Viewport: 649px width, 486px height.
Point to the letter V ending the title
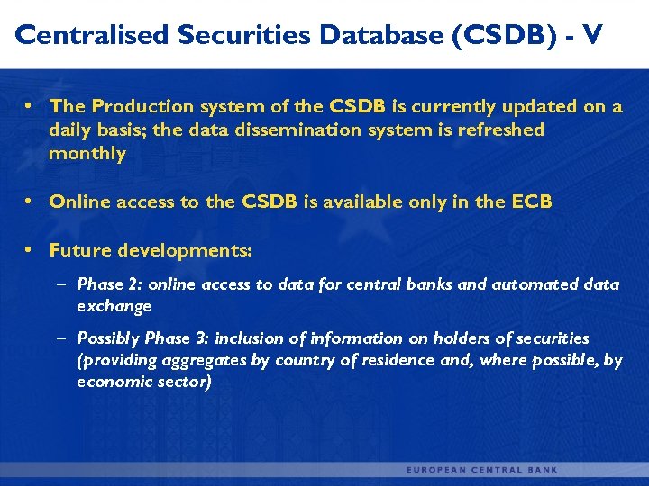pyautogui.click(x=592, y=35)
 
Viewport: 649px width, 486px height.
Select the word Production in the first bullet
pyautogui.click(x=134, y=106)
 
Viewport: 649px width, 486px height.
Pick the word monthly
pyautogui.click(x=87, y=153)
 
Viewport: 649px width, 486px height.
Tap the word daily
pyautogui.click(x=71, y=130)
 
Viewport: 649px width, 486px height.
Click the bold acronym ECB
pyautogui.click(x=531, y=202)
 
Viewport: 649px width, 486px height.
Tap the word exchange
pyautogui.click(x=114, y=306)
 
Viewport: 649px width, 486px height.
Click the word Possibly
pyautogui.click(x=108, y=338)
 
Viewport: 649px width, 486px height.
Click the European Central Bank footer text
pyautogui.click(x=481, y=470)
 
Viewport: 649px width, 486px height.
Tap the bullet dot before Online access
pyautogui.click(x=29, y=202)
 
